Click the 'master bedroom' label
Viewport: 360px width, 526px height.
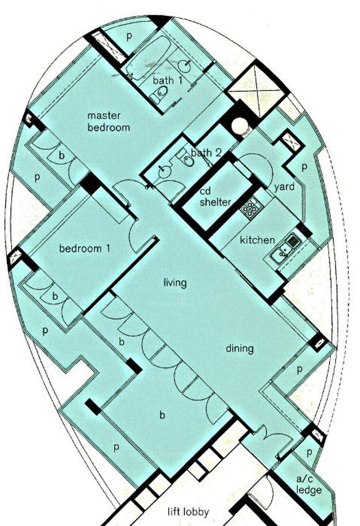point(109,122)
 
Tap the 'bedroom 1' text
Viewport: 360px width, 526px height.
point(84,248)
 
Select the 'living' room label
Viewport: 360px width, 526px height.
point(175,283)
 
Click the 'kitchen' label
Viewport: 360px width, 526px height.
point(257,240)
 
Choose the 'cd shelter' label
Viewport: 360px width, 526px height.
point(215,197)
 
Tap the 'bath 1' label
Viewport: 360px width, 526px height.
point(168,80)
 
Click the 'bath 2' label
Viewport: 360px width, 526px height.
point(206,153)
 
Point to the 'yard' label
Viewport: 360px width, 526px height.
point(284,187)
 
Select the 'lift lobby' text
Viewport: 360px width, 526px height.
point(188,512)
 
